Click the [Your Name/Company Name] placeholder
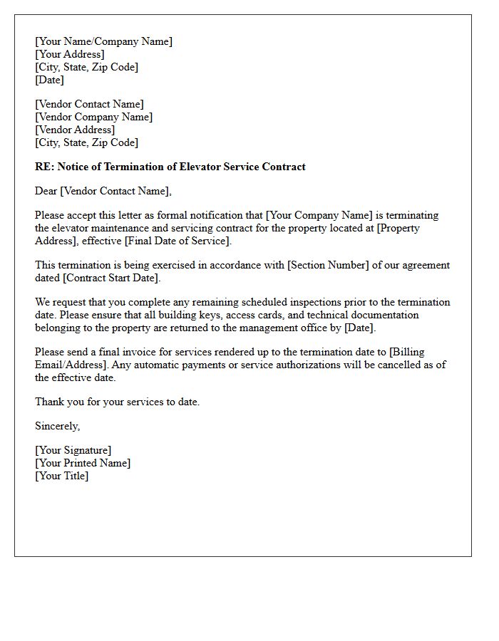103,41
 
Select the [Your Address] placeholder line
70,54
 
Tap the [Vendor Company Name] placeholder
93,117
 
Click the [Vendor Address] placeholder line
75,130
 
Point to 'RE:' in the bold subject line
43,167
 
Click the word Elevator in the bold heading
197,167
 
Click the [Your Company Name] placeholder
319,215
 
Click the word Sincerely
57,426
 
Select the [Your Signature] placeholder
73,450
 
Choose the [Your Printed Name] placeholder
83,463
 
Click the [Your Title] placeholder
62,476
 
